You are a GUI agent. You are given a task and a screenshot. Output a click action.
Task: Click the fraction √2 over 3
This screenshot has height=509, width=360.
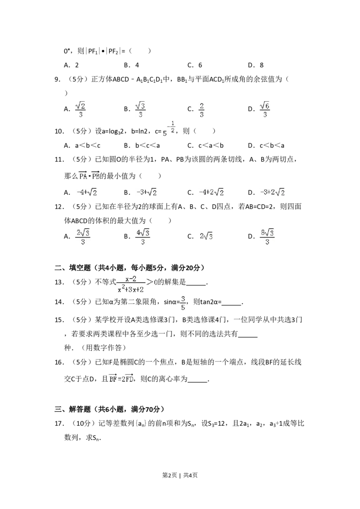pos(79,110)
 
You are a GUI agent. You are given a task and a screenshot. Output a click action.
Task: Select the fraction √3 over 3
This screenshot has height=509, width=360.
pos(140,110)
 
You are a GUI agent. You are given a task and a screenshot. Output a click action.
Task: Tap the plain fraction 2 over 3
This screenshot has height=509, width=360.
pos(202,110)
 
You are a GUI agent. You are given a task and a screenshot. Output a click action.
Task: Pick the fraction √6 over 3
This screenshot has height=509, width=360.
pos(266,110)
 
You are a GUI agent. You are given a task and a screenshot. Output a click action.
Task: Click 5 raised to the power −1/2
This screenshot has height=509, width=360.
pos(168,129)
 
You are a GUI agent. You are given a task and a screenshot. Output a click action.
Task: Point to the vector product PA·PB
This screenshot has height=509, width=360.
pos(89,174)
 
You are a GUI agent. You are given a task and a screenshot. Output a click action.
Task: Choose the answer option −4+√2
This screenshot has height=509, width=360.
pos(85,192)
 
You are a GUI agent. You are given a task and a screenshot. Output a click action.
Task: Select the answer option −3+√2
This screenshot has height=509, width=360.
pos(146,192)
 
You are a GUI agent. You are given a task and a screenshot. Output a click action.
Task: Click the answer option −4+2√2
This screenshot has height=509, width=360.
pos(212,192)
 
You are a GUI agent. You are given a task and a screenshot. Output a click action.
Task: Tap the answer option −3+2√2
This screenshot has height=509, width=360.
pos(272,192)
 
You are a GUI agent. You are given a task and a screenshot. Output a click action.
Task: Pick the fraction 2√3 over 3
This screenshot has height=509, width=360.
pos(83,237)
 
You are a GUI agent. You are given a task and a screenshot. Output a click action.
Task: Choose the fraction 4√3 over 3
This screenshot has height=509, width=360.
pos(142,237)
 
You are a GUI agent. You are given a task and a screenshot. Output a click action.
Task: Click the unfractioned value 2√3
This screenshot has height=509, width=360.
pos(205,236)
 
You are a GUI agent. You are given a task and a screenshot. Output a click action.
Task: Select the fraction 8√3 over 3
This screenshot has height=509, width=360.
pos(268,237)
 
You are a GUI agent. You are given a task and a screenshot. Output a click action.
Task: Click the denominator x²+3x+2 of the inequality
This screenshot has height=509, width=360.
pos(130,290)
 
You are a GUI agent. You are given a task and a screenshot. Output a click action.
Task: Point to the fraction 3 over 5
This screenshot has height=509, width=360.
pos(182,302)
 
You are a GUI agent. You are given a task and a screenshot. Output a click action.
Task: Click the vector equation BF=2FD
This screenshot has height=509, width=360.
pos(121,378)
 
